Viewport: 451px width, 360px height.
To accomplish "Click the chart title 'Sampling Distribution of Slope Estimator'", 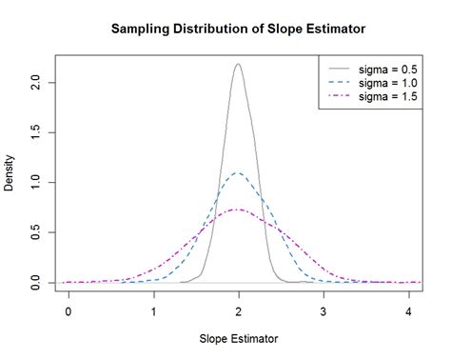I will pos(239,29).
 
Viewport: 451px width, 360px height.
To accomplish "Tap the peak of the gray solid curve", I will pos(238,65).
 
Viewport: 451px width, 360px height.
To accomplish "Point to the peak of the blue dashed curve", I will pos(238,173).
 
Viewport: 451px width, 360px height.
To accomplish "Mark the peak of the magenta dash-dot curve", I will pos(238,210).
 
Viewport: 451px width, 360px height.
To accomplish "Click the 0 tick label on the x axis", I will pos(68,310).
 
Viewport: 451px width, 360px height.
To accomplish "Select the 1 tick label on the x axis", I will pos(153,310).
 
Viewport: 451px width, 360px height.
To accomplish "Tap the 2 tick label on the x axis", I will pos(239,310).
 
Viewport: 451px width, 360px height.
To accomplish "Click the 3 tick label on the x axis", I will pos(324,310).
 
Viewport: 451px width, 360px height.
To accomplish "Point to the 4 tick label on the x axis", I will pos(409,310).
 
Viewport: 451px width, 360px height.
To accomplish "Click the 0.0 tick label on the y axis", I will pos(37,283).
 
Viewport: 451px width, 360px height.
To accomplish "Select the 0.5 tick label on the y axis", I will pos(37,232).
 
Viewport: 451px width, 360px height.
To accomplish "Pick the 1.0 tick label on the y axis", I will pos(37,182).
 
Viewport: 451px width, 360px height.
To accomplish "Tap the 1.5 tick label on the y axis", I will pos(37,131).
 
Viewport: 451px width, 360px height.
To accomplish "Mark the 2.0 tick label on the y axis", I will pos(37,82).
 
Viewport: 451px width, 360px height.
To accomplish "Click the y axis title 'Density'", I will pos(10,173).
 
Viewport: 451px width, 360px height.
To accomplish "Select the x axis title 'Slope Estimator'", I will pos(239,339).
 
